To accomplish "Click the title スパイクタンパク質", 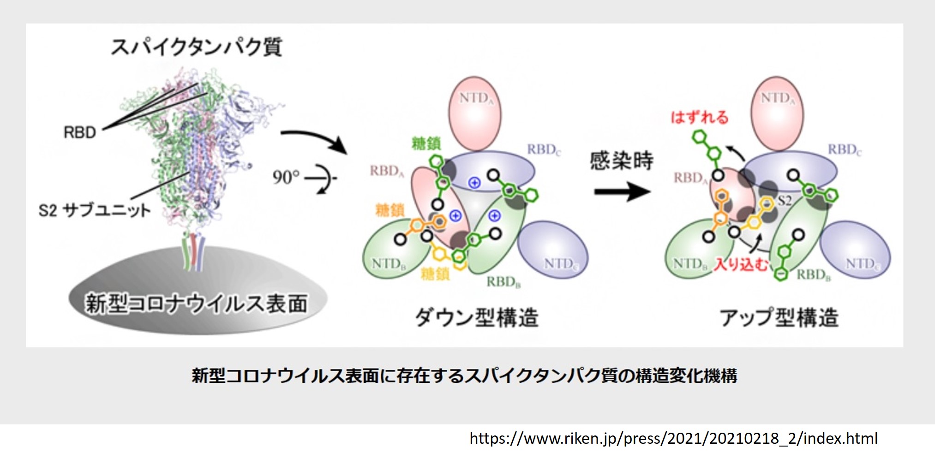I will coord(196,47).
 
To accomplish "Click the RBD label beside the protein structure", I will coord(79,133).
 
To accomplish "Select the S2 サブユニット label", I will coord(95,210).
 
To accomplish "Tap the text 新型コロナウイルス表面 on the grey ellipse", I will coord(196,304).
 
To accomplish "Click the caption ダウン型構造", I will coord(477,317).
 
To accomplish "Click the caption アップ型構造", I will coord(779,317).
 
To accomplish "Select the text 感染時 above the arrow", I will coord(622,161).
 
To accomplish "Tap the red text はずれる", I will coord(699,117).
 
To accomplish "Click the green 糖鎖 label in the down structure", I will coord(426,143).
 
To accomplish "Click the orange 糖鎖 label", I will coord(390,210).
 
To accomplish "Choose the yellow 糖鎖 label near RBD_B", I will coord(435,274).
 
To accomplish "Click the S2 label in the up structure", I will coord(785,201).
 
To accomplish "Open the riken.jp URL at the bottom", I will coord(673,438).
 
